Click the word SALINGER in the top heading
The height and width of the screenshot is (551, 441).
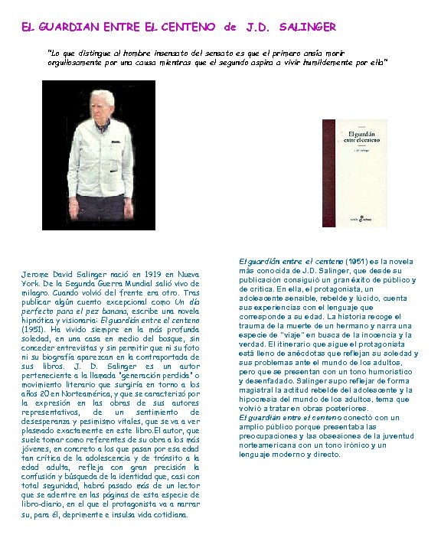[x=308, y=27]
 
